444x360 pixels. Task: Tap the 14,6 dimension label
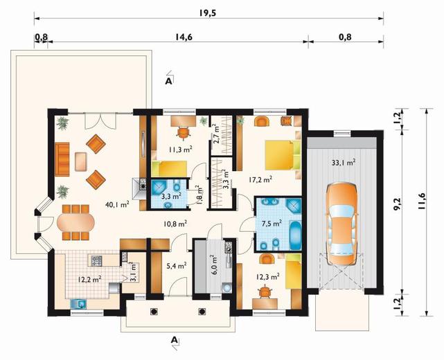point(184,37)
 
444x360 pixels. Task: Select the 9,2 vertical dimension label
point(398,204)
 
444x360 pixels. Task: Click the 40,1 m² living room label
point(117,204)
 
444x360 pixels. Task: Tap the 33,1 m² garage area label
point(344,163)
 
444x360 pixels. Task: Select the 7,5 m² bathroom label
point(272,223)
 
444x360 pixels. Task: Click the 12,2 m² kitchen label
point(90,279)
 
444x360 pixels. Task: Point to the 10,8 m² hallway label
point(175,224)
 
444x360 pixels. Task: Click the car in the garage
point(341,224)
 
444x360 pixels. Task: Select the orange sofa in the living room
point(62,159)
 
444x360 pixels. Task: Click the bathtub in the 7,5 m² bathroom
point(296,235)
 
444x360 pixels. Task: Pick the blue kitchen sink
point(78,304)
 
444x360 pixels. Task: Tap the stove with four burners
point(96,260)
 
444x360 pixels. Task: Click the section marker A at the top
point(169,81)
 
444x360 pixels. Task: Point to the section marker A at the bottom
point(175,340)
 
